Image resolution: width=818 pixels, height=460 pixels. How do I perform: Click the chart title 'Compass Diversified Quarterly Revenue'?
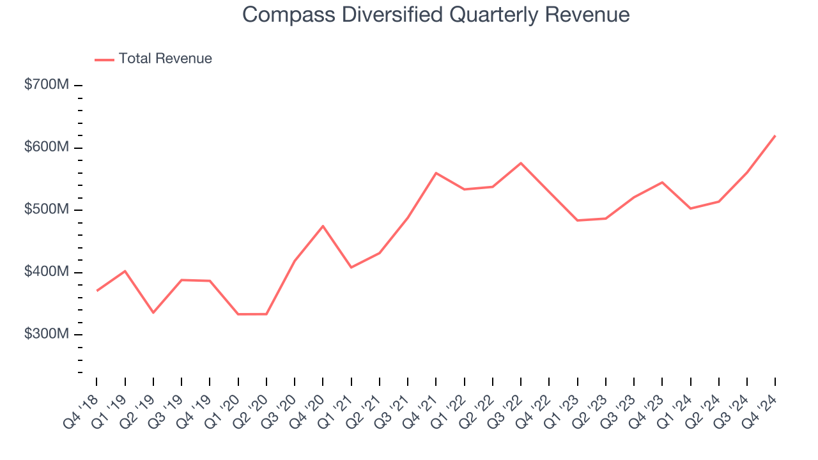coord(436,15)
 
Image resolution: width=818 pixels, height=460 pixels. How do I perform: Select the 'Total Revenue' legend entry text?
coord(165,59)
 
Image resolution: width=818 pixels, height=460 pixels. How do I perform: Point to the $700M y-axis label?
coord(46,85)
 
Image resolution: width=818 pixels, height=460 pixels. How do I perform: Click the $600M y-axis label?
coord(46,148)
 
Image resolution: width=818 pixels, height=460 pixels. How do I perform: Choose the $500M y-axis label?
coord(46,210)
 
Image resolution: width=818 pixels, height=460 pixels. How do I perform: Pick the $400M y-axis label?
coord(46,272)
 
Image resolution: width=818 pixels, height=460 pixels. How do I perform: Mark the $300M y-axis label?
coord(46,335)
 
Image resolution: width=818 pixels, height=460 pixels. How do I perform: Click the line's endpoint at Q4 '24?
coord(775,135)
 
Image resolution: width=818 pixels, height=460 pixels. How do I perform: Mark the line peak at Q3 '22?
coord(521,163)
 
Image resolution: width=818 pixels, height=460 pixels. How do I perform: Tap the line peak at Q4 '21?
coord(436,172)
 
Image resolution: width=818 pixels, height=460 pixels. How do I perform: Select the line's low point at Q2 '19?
coord(153,312)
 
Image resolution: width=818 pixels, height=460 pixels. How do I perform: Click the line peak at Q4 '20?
coord(323,226)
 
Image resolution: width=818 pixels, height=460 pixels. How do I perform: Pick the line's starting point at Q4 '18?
coord(96,291)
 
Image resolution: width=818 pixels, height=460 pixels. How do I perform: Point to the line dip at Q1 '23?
coord(577,220)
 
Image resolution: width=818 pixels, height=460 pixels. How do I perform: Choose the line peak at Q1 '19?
coord(125,271)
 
